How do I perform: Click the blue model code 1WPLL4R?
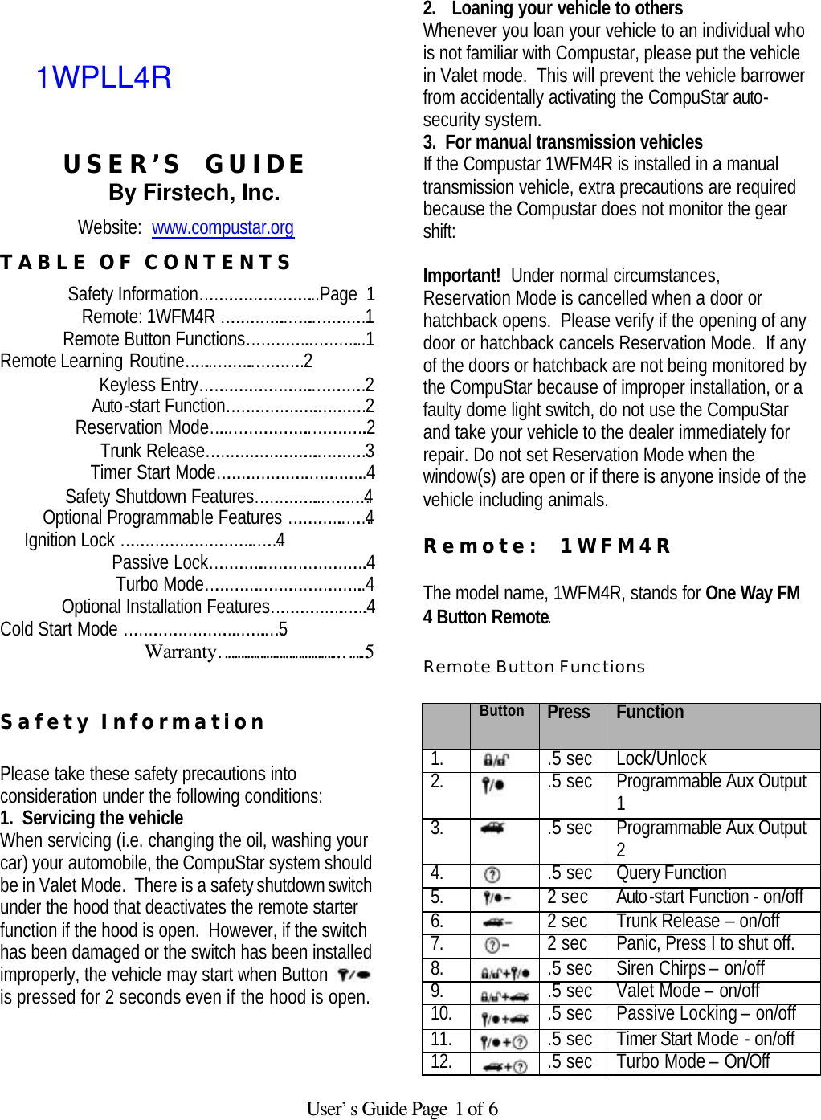click(x=104, y=77)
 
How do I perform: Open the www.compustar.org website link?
click(x=223, y=227)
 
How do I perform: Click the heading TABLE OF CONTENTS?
click(x=145, y=263)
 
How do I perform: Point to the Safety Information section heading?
click(x=133, y=721)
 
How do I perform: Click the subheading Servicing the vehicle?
click(x=102, y=818)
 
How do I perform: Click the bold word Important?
click(x=462, y=276)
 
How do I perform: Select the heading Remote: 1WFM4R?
click(x=546, y=546)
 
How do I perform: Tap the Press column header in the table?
click(x=568, y=713)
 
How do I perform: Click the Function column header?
click(x=650, y=713)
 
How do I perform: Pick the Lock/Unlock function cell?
click(x=661, y=758)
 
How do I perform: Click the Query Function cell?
click(x=671, y=873)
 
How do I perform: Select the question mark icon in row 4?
click(x=493, y=874)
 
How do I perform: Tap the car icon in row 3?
click(x=493, y=828)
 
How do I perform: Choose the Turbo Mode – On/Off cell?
click(x=692, y=1062)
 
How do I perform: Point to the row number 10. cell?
click(x=441, y=1014)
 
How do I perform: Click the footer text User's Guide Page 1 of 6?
click(x=402, y=1109)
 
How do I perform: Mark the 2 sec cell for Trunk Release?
click(x=568, y=921)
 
